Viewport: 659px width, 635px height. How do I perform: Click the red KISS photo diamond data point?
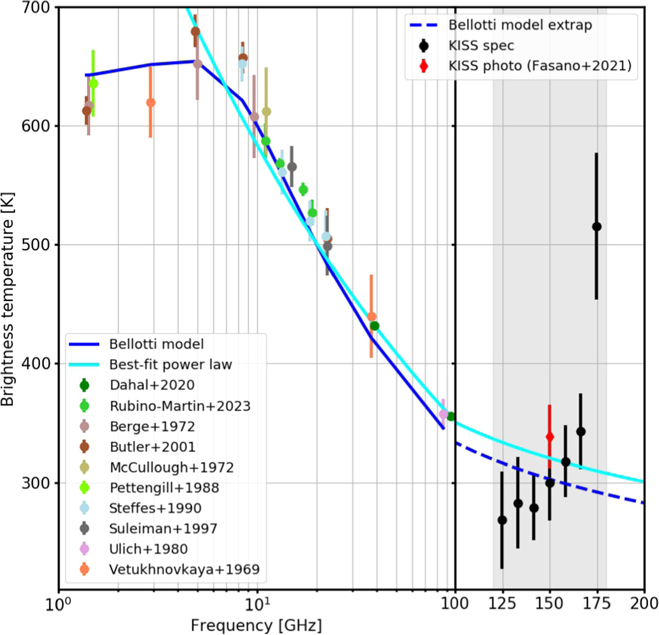pyautogui.click(x=550, y=437)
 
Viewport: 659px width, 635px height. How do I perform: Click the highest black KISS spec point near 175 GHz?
pyautogui.click(x=597, y=227)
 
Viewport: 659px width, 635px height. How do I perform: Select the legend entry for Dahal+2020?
pyautogui.click(x=152, y=385)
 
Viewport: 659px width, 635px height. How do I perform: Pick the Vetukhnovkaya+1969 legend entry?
pyautogui.click(x=184, y=570)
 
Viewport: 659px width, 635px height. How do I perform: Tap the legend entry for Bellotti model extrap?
pyautogui.click(x=520, y=25)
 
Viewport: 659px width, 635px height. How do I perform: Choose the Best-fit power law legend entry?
pyautogui.click(x=170, y=365)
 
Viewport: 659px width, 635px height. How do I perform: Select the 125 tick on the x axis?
pyautogui.click(x=502, y=603)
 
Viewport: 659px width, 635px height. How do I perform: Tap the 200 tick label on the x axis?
pyautogui.click(x=644, y=603)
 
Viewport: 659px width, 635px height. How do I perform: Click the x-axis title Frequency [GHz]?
pyautogui.click(x=256, y=626)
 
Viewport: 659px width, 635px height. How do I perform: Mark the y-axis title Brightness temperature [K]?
pyautogui.click(x=8, y=299)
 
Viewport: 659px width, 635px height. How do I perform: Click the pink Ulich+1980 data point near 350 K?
pyautogui.click(x=444, y=415)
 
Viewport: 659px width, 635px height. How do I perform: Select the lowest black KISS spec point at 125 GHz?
pyautogui.click(x=502, y=520)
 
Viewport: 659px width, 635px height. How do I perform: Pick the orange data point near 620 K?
pyautogui.click(x=151, y=103)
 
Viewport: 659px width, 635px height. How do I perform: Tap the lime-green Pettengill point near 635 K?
pyautogui.click(x=93, y=84)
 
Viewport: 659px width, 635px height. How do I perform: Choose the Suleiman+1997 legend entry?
pyautogui.click(x=163, y=529)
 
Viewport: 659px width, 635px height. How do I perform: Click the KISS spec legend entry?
pyautogui.click(x=481, y=46)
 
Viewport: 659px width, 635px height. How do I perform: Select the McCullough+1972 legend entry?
pyautogui.click(x=171, y=467)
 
